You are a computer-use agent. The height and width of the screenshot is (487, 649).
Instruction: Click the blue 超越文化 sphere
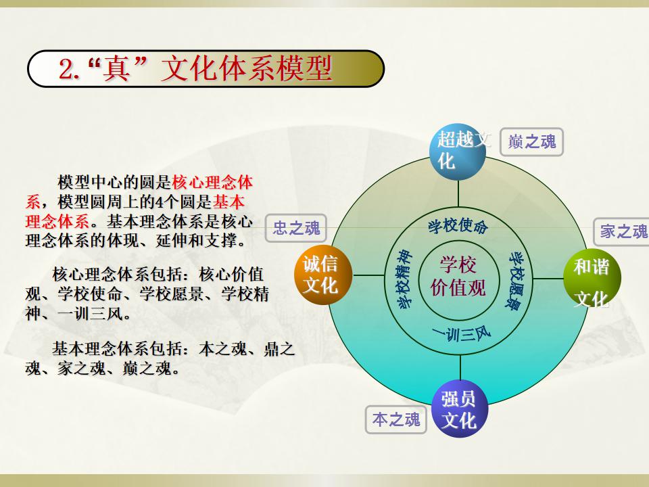click(458, 152)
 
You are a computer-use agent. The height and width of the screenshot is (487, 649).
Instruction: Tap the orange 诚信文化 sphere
click(323, 275)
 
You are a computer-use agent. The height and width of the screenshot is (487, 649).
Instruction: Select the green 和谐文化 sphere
click(592, 278)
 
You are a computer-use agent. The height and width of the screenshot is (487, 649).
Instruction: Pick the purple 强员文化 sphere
click(460, 409)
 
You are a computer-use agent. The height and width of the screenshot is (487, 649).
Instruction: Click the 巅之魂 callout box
click(531, 142)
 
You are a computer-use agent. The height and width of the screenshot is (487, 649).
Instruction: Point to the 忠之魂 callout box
click(296, 228)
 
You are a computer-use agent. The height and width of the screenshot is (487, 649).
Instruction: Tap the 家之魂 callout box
click(622, 231)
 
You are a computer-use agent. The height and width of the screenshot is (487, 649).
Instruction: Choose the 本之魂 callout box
click(396, 419)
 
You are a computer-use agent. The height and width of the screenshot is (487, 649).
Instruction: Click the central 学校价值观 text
click(458, 276)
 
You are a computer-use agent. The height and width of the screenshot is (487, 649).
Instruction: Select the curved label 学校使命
click(458, 226)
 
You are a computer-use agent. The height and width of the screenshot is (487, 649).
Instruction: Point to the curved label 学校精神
click(404, 279)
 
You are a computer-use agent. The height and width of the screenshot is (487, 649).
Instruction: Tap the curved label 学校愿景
click(516, 280)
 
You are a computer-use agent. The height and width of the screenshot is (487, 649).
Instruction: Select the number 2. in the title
click(69, 69)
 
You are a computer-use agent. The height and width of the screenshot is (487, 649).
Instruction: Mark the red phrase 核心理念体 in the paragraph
click(212, 182)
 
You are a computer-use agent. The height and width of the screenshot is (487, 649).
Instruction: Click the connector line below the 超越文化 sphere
click(458, 193)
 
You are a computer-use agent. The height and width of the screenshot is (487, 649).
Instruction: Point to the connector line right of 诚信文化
click(369, 275)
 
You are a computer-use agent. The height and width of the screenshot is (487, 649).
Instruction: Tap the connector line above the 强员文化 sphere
click(460, 368)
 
